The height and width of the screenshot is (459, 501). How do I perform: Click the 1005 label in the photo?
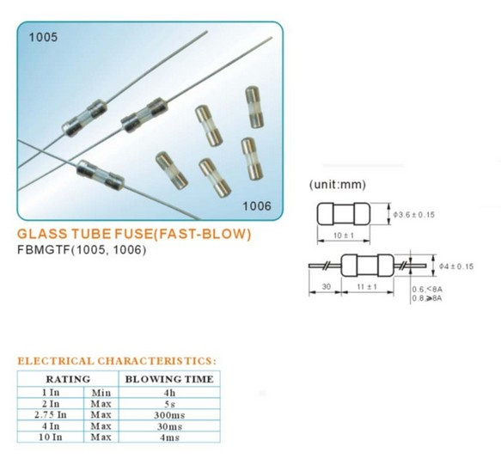[x=43, y=37]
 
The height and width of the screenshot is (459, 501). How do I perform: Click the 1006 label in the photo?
[x=257, y=206]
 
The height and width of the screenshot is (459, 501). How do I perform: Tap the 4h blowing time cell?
[x=169, y=393]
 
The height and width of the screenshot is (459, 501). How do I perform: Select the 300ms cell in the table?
[x=169, y=415]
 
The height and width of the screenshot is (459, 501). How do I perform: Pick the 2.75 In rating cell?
[x=51, y=415]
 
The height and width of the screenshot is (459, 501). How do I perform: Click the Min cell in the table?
[x=101, y=393]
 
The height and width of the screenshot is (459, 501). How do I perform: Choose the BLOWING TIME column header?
[x=169, y=379]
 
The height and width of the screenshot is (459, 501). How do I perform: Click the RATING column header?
[x=68, y=379]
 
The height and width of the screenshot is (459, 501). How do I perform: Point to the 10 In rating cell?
[x=51, y=438]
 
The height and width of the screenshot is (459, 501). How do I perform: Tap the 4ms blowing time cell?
[x=169, y=438]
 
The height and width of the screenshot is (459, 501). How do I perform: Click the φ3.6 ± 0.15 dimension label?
[x=413, y=215]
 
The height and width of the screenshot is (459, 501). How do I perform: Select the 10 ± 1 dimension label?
[x=344, y=236]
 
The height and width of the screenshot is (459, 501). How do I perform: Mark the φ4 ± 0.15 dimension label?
[x=456, y=266]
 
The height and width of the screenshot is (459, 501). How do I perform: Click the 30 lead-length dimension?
[x=327, y=287]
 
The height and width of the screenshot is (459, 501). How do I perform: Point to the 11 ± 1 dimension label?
[x=367, y=287]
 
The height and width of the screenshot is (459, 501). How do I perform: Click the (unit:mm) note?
[x=337, y=185]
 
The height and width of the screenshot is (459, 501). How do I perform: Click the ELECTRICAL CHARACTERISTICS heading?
[x=117, y=361]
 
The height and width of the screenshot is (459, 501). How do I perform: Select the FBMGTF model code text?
[x=44, y=249]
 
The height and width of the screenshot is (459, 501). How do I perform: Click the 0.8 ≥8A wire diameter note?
[x=427, y=298]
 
